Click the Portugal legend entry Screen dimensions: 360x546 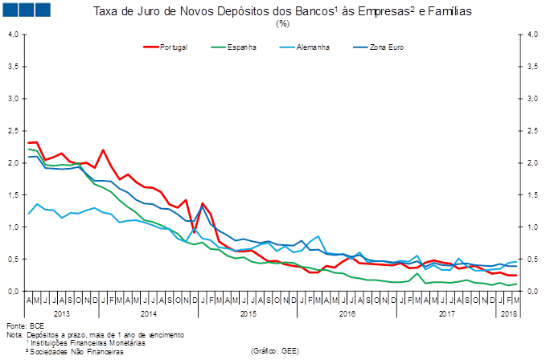(174, 47)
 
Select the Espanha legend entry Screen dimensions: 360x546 (241, 47)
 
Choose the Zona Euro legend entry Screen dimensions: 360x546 (385, 47)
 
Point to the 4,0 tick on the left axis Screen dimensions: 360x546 (14, 35)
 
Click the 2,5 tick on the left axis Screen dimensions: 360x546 (14, 130)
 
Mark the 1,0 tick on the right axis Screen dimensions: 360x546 (532, 227)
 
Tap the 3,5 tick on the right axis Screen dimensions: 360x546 (532, 67)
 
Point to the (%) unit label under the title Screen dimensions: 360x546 (282, 23)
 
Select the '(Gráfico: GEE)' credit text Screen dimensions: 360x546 (276, 351)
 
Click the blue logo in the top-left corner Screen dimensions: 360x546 (25, 10)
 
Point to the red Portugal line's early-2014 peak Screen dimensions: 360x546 (103, 150)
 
